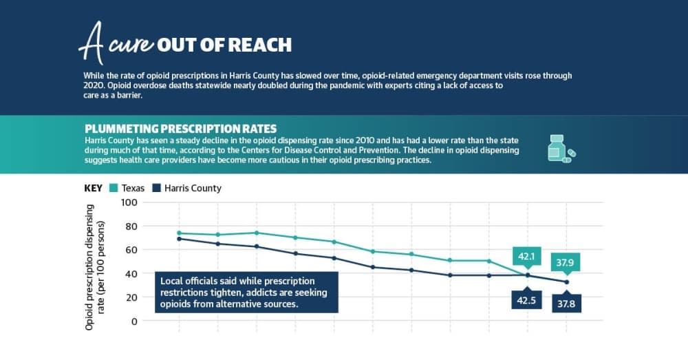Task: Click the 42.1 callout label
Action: [x=526, y=256]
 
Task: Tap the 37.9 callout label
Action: [x=565, y=262]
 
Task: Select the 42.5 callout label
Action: [x=526, y=300]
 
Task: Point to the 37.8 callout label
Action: [x=566, y=303]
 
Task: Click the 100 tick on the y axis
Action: [x=129, y=202]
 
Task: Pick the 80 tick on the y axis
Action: [x=131, y=226]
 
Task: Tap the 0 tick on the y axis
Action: [x=134, y=321]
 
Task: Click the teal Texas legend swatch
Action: [x=114, y=188]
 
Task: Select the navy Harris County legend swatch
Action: [x=156, y=188]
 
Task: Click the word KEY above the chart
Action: [x=93, y=189]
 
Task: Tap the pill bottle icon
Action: [x=561, y=149]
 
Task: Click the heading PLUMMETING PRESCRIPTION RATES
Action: [x=181, y=129]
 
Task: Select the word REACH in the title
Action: [x=260, y=45]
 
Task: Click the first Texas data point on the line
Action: [x=179, y=233]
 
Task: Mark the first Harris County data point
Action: [x=179, y=239]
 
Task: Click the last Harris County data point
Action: [x=566, y=282]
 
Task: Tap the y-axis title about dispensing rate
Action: [x=95, y=267]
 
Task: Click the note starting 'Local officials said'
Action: [x=246, y=293]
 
